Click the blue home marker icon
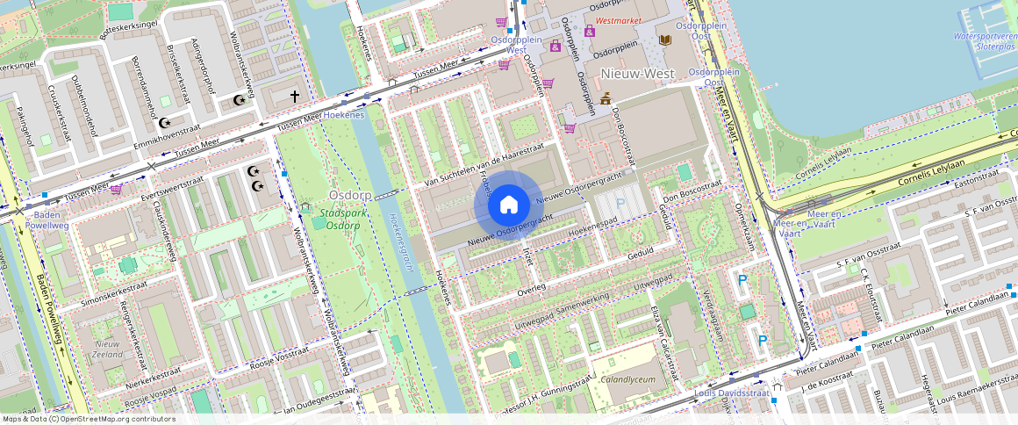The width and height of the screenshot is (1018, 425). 508,205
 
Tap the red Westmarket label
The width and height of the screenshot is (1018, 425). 618,20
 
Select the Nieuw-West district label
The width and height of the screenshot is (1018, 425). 637,73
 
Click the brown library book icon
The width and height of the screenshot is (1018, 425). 664,40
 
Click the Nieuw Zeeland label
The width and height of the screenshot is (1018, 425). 108,349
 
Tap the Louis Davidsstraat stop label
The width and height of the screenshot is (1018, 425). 731,393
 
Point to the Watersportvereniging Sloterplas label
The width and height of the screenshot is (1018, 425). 985,41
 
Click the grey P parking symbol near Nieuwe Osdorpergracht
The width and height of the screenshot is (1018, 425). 620,204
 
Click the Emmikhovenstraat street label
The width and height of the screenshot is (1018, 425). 174,138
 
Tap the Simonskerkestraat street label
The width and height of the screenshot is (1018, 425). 113,293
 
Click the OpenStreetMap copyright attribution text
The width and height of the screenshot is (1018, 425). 88,419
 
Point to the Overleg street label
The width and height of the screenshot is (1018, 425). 532,288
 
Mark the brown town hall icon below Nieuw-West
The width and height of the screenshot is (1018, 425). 605,98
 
